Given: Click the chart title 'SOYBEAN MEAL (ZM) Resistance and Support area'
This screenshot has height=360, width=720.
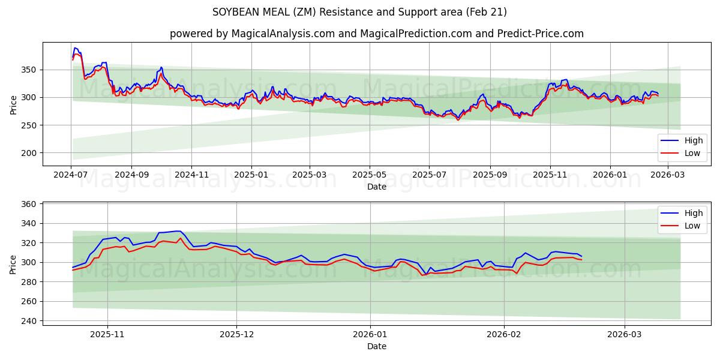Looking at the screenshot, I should click(x=359, y=12).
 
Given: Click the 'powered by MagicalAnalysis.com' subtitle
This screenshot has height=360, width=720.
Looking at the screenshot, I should click(x=376, y=34).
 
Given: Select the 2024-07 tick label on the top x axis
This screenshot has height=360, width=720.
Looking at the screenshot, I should click(x=71, y=175).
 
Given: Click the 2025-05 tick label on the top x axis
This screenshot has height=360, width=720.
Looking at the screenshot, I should click(x=369, y=175).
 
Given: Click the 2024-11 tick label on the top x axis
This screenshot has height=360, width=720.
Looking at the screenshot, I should click(x=191, y=175).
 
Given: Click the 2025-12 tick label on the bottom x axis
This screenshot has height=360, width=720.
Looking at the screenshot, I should click(x=236, y=335).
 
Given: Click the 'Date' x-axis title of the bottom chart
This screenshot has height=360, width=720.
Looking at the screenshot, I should click(x=376, y=346).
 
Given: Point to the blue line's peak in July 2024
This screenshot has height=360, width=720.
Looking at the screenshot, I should click(x=75, y=48).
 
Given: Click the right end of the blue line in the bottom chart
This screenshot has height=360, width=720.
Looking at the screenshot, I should click(x=581, y=256).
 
